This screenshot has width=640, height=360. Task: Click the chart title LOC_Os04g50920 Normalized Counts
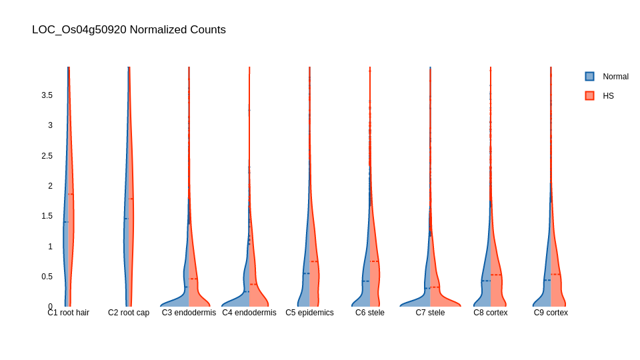[129, 30]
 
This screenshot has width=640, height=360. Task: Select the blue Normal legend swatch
[589, 77]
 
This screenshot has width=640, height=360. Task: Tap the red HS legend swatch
[589, 96]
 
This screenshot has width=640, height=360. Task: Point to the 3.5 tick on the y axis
[47, 95]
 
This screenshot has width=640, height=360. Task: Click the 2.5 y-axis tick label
[47, 156]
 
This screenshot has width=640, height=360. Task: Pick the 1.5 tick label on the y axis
[47, 216]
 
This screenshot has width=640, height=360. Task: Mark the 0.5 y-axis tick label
[47, 277]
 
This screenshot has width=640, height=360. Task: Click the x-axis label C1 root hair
[68, 313]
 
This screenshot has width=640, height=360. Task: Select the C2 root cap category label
[129, 313]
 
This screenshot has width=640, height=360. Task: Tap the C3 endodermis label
[189, 313]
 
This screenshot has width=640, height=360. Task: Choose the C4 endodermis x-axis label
[249, 313]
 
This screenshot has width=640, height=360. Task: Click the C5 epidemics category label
[309, 313]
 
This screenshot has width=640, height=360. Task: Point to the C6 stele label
[370, 313]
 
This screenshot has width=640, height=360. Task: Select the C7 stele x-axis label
[430, 313]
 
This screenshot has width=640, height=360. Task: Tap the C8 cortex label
[491, 313]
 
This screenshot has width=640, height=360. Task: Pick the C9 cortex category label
[551, 313]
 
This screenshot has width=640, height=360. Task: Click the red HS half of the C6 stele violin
[374, 280]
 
